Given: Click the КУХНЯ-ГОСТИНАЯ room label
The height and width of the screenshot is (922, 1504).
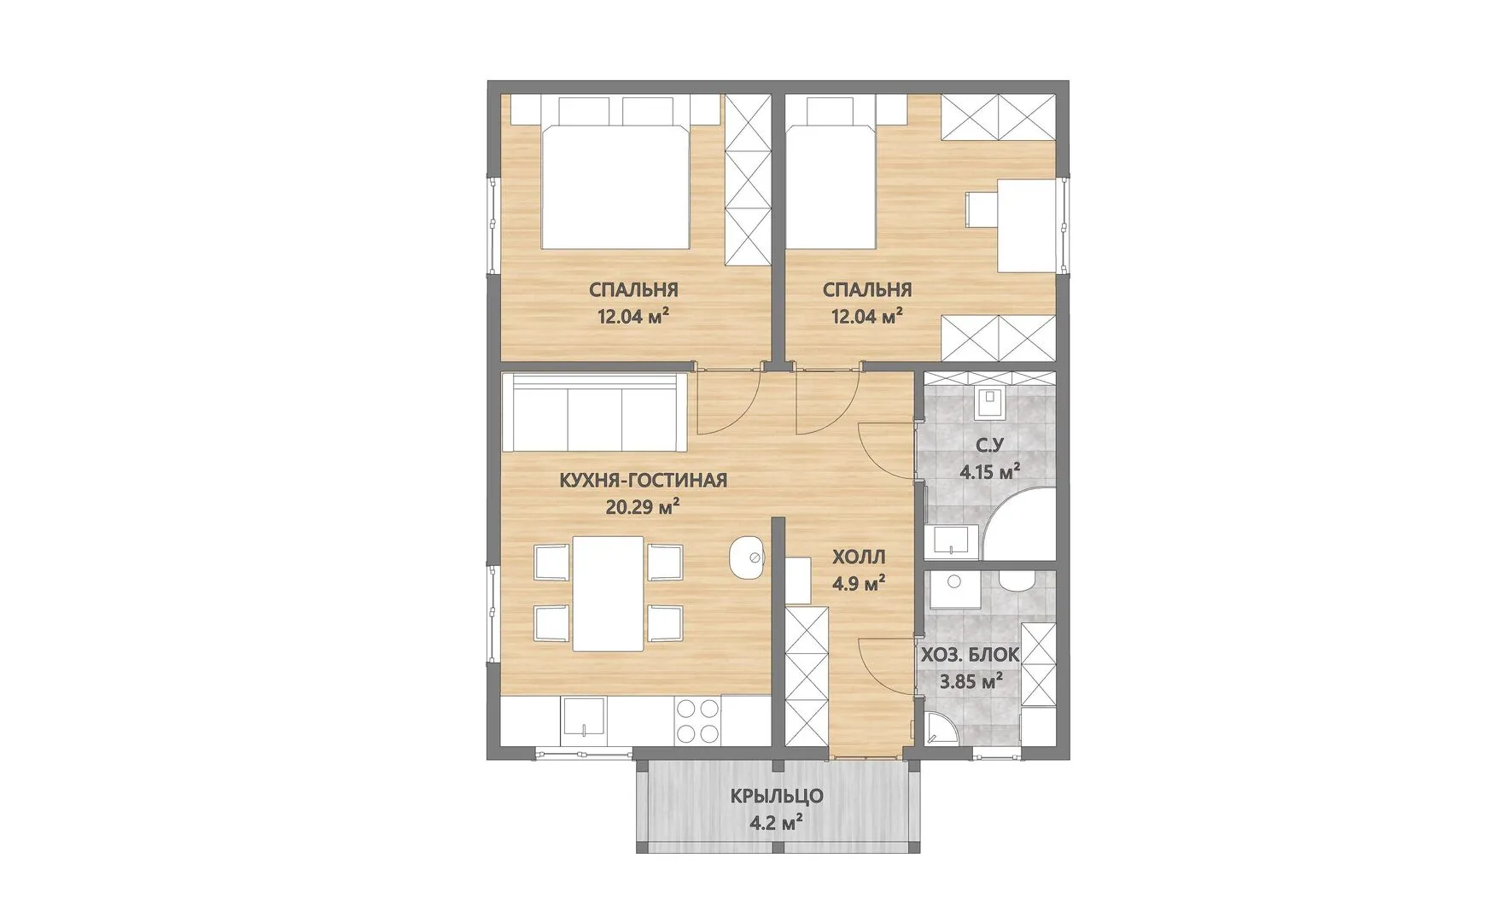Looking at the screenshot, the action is point(643,481).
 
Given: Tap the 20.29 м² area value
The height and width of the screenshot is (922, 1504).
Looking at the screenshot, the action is point(642,508).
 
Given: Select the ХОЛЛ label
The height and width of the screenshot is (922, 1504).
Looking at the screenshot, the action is point(859,557).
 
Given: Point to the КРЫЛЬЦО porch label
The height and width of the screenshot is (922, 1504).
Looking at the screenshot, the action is point(777,797).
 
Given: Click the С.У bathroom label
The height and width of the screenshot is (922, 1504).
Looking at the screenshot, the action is point(990,445).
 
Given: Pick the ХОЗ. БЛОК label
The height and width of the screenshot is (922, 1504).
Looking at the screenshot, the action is point(969,656).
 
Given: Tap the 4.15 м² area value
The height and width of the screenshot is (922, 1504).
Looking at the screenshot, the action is point(990,471).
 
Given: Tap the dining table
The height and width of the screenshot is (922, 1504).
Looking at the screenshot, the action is point(608,593).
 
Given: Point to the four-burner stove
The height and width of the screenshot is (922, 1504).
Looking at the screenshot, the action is point(698,721).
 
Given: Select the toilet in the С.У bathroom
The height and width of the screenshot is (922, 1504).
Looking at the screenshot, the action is point(989,400).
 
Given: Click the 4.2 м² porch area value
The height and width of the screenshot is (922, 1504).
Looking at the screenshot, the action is point(777,824).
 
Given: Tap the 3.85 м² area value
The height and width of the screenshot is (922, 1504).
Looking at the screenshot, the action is point(971,682).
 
